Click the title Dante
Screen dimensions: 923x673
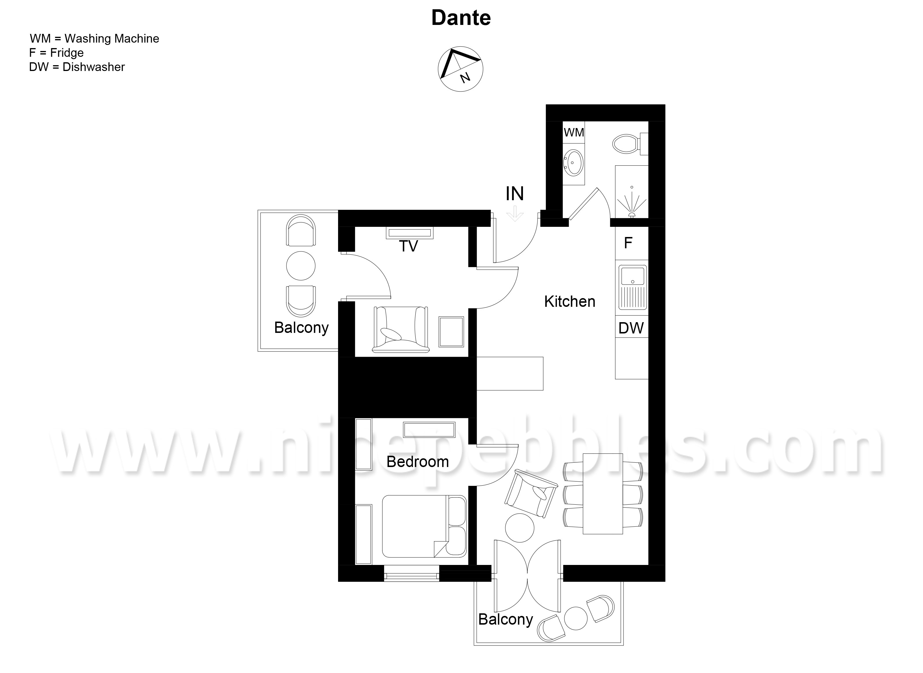pyautogui.click(x=461, y=18)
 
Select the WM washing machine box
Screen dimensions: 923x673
pyautogui.click(x=574, y=132)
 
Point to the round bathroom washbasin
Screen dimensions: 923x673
pyautogui.click(x=573, y=162)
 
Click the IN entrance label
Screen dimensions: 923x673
pyautogui.click(x=515, y=194)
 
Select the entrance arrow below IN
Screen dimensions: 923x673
pyautogui.click(x=515, y=214)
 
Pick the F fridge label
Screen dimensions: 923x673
pyautogui.click(x=628, y=243)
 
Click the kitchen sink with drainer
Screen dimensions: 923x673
pyautogui.click(x=632, y=287)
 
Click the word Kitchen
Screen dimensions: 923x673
pyautogui.click(x=570, y=302)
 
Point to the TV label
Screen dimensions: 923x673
pyautogui.click(x=409, y=246)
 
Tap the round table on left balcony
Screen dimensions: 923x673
pyautogui.click(x=301, y=266)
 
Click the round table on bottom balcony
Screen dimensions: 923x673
pyautogui.click(x=576, y=619)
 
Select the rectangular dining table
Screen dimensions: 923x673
pyautogui.click(x=603, y=494)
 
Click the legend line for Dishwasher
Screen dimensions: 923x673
pyautogui.click(x=77, y=67)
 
